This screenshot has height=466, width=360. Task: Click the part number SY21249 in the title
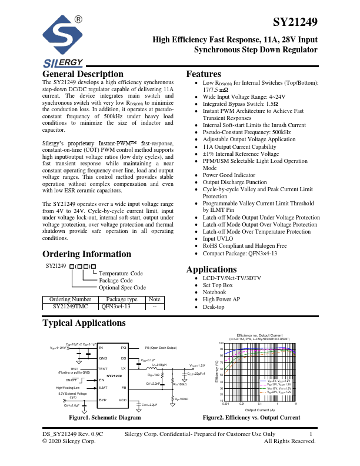(x=296, y=23)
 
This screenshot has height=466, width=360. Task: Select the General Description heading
(x=83, y=75)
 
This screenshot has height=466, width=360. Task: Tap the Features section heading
(x=204, y=75)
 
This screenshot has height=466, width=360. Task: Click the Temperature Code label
(x=121, y=274)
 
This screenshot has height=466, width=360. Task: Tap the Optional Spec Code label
(x=122, y=288)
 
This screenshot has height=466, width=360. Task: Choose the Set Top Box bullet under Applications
(x=218, y=285)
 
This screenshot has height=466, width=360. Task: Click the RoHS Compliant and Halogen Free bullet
(x=245, y=246)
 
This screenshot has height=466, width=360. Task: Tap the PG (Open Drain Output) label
(x=161, y=348)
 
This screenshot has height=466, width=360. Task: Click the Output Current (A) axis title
(x=260, y=410)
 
